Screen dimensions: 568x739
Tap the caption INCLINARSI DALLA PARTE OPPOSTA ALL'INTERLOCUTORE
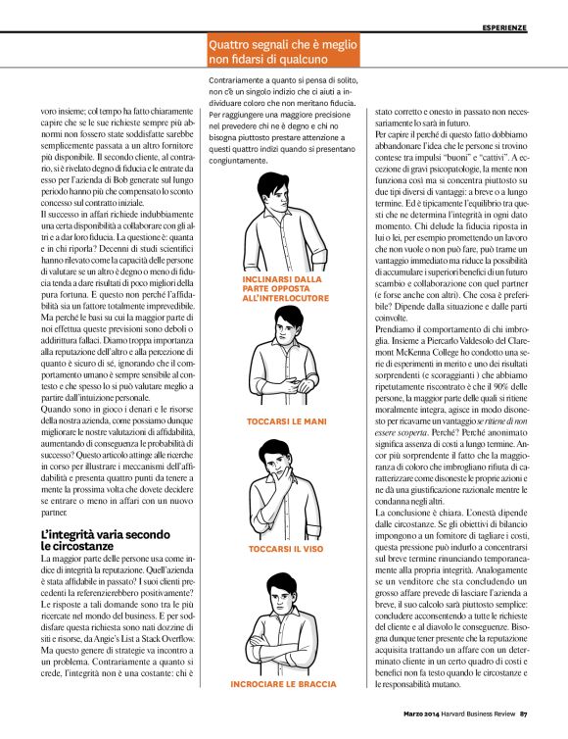(x=280, y=289)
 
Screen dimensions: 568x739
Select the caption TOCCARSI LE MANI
(x=280, y=420)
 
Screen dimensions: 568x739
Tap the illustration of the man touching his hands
(x=281, y=362)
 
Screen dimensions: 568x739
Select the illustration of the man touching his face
(x=281, y=487)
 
